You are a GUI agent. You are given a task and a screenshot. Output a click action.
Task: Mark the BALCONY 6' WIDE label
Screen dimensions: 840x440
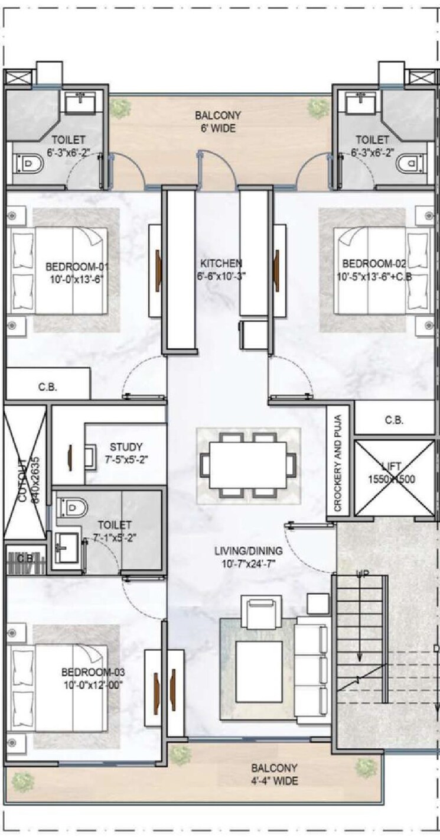click(218, 121)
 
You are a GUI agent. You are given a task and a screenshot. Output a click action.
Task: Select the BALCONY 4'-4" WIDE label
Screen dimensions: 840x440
click(274, 774)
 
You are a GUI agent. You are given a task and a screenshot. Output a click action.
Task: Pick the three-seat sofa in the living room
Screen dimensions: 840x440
click(312, 670)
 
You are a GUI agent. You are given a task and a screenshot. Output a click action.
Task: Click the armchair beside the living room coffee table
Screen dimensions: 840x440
click(260, 614)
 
